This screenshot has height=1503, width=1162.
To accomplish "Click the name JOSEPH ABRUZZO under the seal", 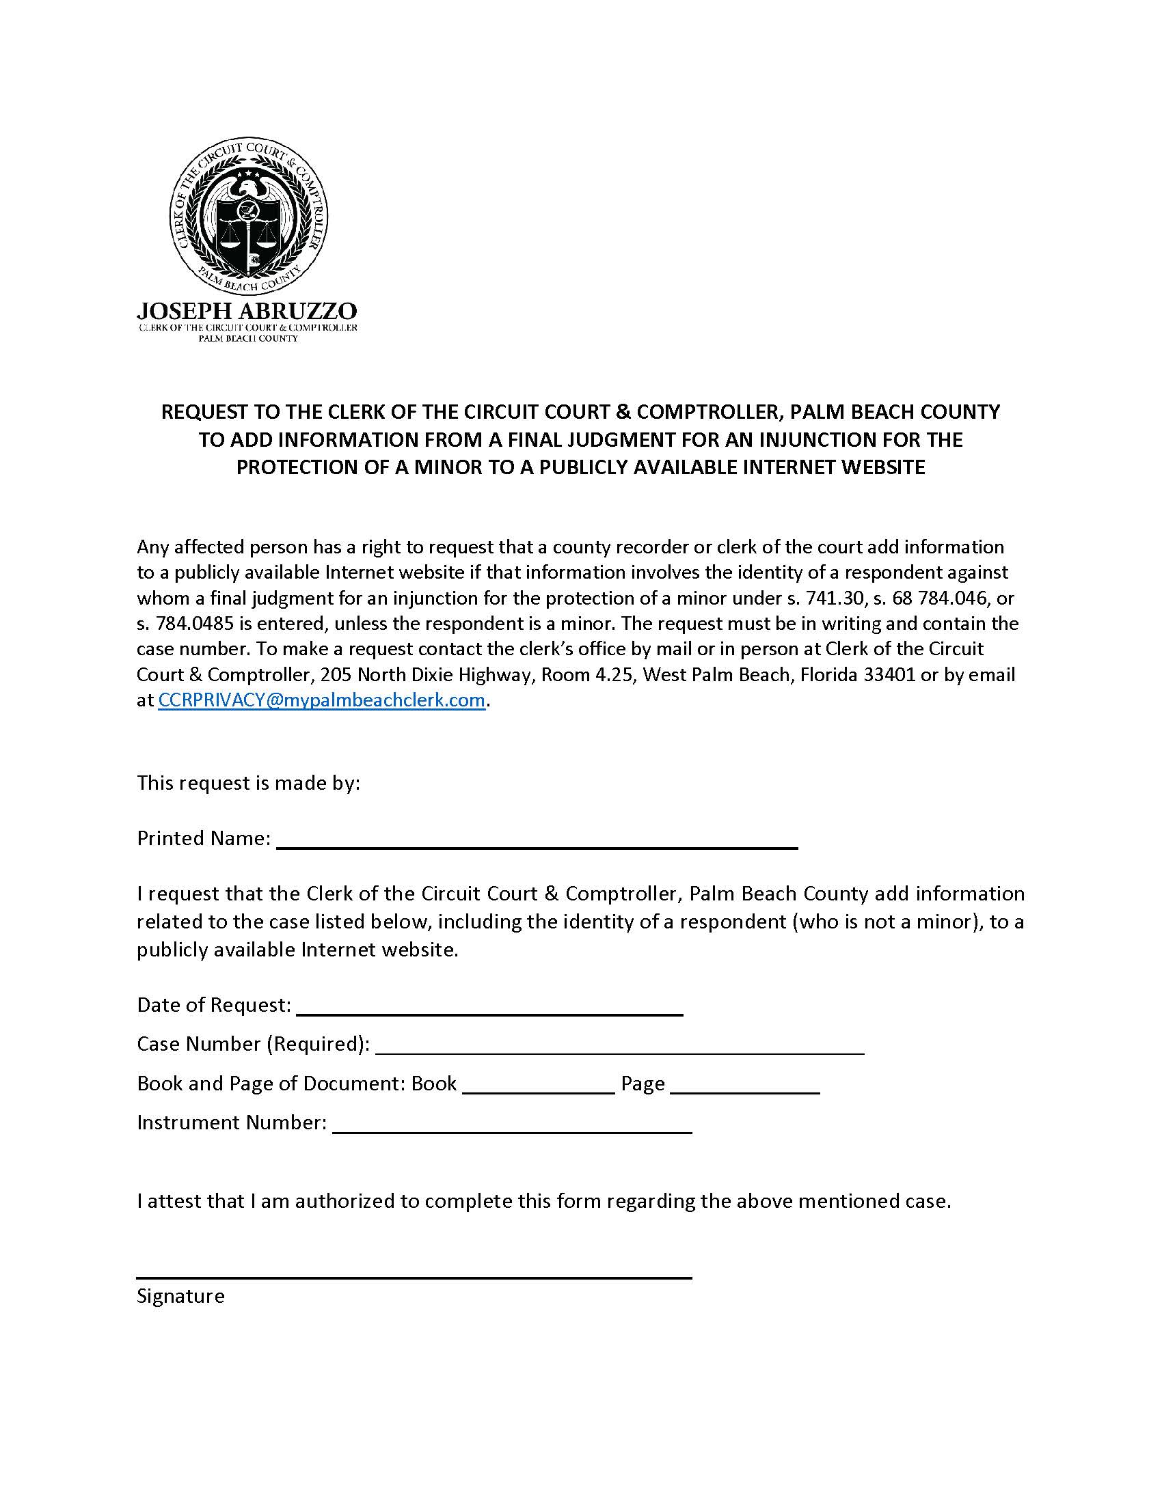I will [x=247, y=310].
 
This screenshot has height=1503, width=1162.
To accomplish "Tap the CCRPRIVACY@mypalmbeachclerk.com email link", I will [x=322, y=700].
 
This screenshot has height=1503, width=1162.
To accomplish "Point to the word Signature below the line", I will [x=181, y=1296].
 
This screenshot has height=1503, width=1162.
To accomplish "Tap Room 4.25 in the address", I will [x=589, y=674].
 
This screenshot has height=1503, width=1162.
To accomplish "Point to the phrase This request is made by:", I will [x=249, y=782].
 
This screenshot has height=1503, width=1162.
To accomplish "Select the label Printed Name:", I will [x=203, y=838].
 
